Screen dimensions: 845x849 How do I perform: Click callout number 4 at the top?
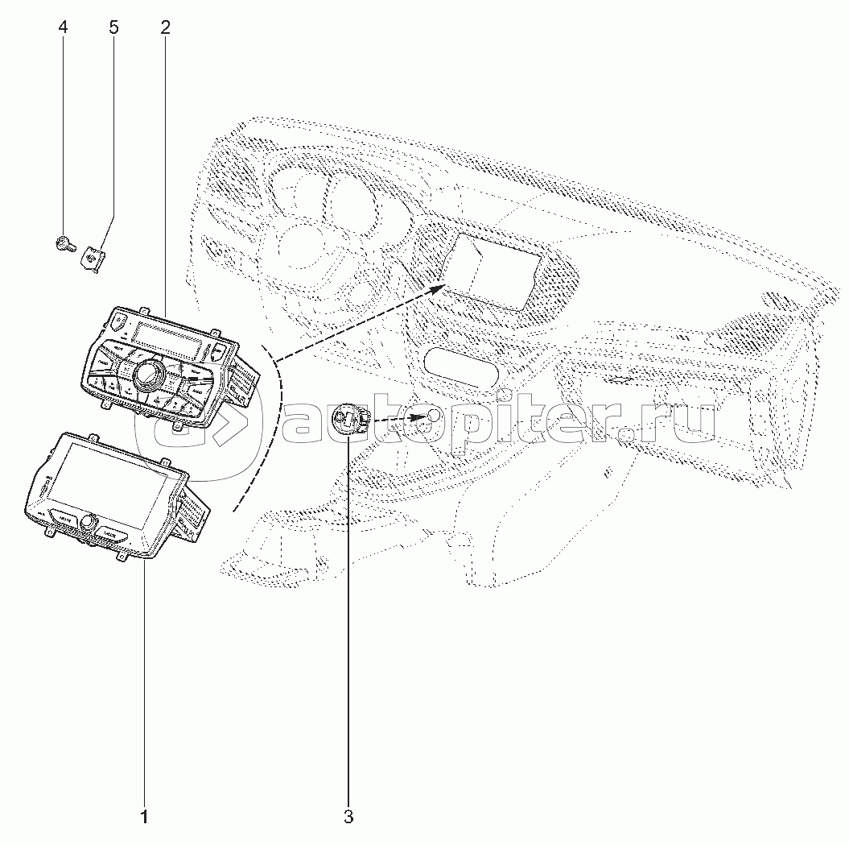(63, 27)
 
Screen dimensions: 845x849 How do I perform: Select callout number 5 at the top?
(113, 27)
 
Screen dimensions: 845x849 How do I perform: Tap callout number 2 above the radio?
(165, 27)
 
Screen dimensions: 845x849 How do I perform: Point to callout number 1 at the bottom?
(144, 817)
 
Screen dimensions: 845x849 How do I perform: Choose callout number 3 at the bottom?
(348, 817)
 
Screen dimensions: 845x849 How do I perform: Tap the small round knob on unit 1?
(86, 524)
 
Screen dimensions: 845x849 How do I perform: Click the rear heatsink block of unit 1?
(193, 516)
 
